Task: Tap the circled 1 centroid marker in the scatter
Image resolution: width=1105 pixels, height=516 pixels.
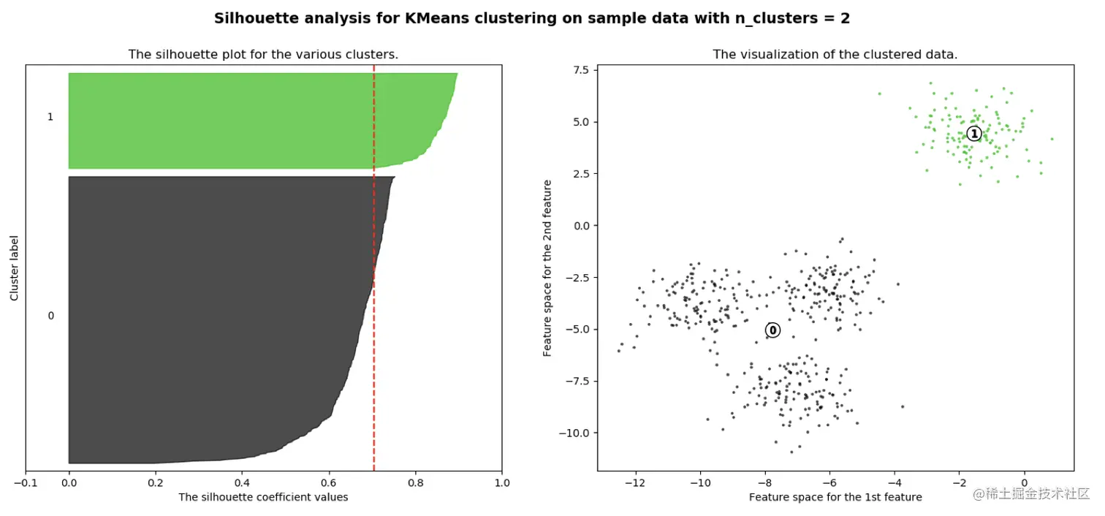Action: (973, 133)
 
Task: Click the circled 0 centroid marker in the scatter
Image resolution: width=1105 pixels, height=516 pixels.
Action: (772, 330)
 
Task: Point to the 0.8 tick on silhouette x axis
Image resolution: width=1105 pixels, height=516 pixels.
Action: (415, 482)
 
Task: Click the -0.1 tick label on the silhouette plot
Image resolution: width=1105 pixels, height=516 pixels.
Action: (26, 482)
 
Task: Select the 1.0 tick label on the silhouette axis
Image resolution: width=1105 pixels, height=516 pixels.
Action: (501, 482)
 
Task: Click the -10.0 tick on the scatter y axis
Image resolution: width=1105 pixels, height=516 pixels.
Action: (575, 433)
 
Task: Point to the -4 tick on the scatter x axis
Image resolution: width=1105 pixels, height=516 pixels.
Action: (895, 482)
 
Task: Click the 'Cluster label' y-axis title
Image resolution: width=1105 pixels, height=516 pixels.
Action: (14, 268)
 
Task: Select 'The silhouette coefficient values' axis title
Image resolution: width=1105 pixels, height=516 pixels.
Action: (263, 497)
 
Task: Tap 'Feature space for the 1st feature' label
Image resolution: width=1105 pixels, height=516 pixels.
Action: (835, 497)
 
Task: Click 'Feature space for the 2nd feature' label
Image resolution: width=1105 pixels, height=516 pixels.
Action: (547, 268)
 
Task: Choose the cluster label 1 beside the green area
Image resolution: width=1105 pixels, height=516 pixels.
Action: (50, 117)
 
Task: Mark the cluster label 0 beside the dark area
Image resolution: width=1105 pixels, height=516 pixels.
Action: (50, 316)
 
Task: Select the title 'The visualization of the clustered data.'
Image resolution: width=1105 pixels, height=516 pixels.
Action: (835, 54)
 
